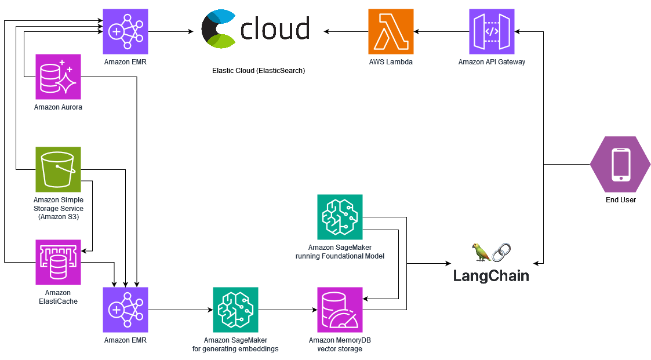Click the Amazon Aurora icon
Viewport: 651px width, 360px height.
(x=58, y=77)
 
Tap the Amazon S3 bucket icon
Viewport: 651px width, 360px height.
(x=58, y=169)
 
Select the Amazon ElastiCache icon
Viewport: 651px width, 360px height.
(x=58, y=262)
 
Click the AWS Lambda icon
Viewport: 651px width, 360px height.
(x=391, y=31)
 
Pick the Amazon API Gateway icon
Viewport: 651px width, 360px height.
(x=492, y=31)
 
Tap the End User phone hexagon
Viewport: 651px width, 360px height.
(x=621, y=165)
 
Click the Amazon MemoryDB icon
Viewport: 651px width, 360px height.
(x=340, y=310)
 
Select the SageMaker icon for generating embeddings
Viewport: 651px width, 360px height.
(x=235, y=310)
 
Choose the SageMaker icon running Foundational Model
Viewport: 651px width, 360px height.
(x=340, y=217)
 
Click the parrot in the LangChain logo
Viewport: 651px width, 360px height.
(x=481, y=252)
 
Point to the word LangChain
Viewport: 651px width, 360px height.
(x=491, y=276)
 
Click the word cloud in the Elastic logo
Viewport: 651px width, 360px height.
(x=274, y=29)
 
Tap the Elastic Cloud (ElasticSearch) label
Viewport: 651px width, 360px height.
(x=259, y=71)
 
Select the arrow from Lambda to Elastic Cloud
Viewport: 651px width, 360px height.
(x=345, y=31)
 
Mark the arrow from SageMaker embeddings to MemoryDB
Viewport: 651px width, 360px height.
(x=288, y=310)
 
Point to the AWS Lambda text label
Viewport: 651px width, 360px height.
(x=391, y=61)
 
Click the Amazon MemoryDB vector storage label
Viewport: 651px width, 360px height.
(x=340, y=344)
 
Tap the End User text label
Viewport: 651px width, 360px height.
(x=621, y=200)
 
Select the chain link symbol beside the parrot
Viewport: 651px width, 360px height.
(x=501, y=252)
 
